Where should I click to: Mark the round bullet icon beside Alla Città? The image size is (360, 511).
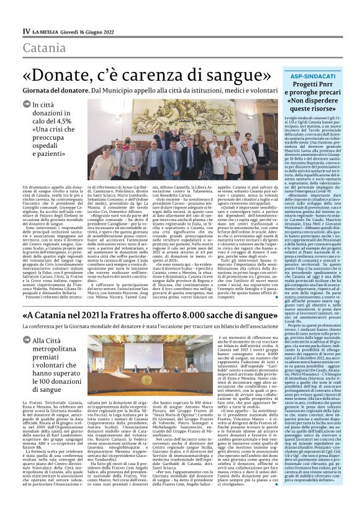[25, 358]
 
